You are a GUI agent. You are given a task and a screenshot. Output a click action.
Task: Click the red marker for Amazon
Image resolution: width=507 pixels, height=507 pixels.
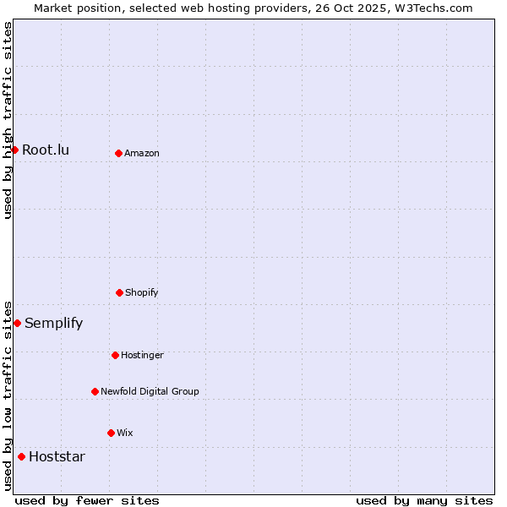coord(118,153)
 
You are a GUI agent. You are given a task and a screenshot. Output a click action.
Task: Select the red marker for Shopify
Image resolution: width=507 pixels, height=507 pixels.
coord(119,292)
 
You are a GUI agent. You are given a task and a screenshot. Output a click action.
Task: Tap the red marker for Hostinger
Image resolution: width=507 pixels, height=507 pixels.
coord(115,355)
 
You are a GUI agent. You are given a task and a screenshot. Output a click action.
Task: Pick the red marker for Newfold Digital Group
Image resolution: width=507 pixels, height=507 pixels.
coord(95,391)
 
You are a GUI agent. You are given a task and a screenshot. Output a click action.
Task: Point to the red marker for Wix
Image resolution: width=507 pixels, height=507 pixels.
coord(111,433)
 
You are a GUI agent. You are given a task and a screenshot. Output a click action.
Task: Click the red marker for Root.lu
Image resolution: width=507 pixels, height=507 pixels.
coord(14,150)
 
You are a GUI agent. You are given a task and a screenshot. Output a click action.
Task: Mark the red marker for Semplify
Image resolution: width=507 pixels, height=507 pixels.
coord(17,323)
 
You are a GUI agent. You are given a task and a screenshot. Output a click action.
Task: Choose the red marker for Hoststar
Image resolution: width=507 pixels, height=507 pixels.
coord(21,456)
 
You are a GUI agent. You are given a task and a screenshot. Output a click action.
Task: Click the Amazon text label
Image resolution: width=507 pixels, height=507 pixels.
coord(142,154)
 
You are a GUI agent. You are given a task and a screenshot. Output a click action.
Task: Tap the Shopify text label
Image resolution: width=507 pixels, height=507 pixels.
coord(142,293)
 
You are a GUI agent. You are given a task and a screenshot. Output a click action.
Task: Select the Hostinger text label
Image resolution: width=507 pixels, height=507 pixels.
coord(142,356)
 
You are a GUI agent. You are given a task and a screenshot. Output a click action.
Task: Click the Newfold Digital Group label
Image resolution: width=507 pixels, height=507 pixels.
coord(150,392)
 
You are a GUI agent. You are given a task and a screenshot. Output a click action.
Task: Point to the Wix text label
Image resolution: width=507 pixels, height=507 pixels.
coord(125,433)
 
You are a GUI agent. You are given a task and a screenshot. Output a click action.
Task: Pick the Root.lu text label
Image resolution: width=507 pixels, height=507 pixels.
coord(46,150)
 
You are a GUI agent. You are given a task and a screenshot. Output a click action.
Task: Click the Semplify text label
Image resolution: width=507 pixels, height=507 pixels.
coord(54,324)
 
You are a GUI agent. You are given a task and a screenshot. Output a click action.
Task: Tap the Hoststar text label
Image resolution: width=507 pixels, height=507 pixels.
coord(57,457)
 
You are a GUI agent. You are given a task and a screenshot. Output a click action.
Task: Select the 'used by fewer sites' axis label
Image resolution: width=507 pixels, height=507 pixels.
coord(87,500)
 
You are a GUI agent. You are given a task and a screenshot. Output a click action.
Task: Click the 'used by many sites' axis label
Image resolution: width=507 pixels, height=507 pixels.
coord(424,500)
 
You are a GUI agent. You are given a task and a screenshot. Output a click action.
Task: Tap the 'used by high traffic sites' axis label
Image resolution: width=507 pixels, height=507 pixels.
coord(8,120)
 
